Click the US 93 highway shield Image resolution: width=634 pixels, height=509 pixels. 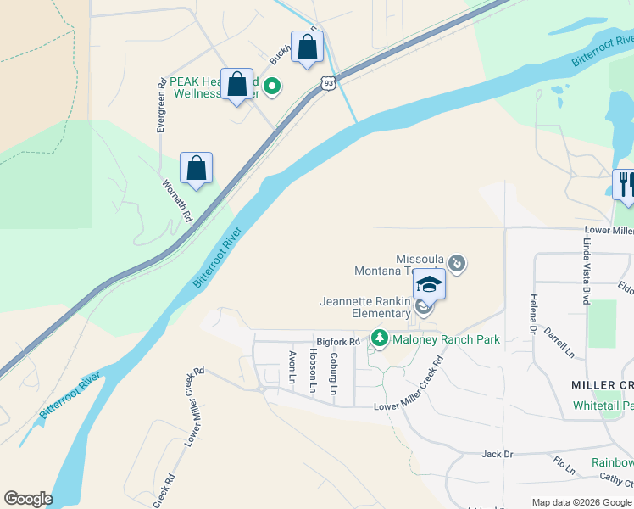tap(328, 82)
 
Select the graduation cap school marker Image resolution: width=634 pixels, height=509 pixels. tap(429, 284)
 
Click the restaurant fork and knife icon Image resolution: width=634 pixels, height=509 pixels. tap(626, 185)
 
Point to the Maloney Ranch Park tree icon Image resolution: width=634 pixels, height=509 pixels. tap(381, 339)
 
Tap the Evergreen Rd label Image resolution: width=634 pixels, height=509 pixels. tap(160, 106)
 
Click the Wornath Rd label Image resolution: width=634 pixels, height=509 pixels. tap(178, 201)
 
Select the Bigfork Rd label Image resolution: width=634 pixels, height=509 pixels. tap(338, 341)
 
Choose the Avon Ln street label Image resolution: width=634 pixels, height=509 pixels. tap(292, 367)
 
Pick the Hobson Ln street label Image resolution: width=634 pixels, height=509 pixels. tap(313, 370)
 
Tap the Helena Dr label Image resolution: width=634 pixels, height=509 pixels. tap(534, 313)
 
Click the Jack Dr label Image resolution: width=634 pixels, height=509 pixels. tap(497, 455)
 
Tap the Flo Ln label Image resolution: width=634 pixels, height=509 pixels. tap(564, 466)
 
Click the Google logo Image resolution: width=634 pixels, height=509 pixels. tap(28, 499)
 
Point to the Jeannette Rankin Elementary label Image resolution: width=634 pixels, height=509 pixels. tap(364, 307)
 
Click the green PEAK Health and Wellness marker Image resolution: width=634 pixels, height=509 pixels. tap(272, 86)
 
